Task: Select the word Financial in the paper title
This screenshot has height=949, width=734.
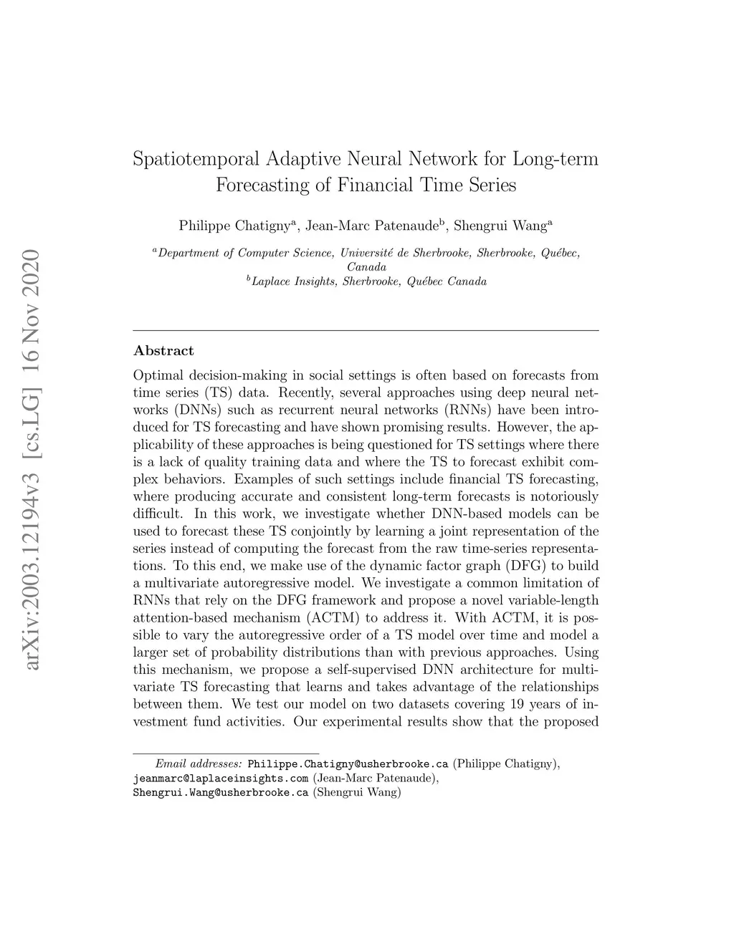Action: pyautogui.click(x=374, y=186)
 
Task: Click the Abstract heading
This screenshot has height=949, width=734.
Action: pyautogui.click(x=163, y=351)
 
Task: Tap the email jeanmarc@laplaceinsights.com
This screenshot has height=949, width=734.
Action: pyautogui.click(x=221, y=778)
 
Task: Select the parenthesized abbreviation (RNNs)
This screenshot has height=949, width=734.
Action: pyautogui.click(x=468, y=410)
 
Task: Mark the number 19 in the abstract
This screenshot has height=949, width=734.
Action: pyautogui.click(x=525, y=704)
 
